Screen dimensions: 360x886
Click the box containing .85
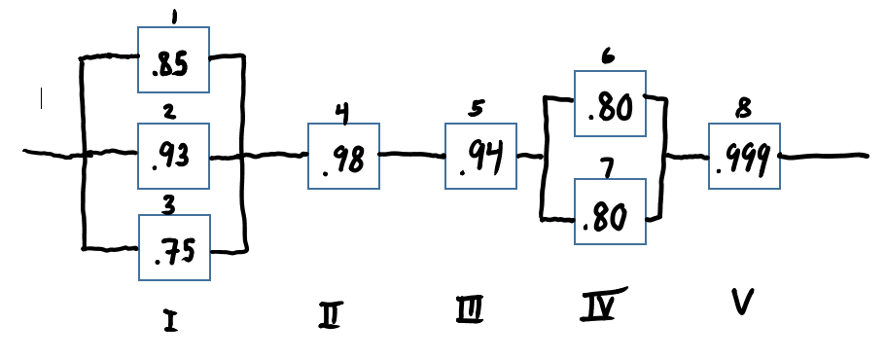pos(173,58)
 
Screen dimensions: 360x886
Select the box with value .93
pos(173,155)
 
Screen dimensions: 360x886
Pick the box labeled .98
pos(343,156)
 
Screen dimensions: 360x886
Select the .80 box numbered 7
pos(610,212)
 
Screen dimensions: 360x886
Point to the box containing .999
pos(744,156)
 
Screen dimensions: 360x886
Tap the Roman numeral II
pos(330,313)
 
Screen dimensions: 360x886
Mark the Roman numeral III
pos(469,310)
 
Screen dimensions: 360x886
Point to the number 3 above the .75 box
pos(168,204)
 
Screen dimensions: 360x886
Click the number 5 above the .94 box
pos(474,110)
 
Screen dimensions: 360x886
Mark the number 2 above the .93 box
pos(169,112)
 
